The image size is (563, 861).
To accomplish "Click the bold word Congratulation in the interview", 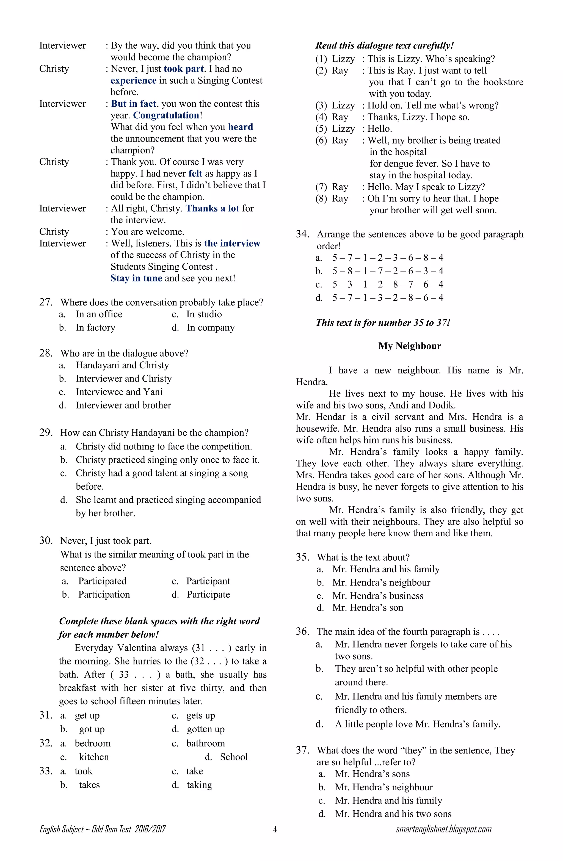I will (166, 115).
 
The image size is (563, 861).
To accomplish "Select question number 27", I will (46, 302).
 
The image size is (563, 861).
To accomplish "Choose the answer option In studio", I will (204, 314).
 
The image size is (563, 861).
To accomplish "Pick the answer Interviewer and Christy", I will (123, 379).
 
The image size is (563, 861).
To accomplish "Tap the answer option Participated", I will (102, 581).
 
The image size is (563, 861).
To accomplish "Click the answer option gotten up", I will (206, 729).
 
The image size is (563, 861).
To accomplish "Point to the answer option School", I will (233, 757).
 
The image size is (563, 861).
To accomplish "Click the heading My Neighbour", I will (410, 346).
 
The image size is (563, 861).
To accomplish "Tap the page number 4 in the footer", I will (275, 829).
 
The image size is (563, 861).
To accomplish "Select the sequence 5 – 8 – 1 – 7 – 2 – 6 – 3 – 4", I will (388, 271).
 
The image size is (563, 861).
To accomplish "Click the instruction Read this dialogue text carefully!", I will (384, 46).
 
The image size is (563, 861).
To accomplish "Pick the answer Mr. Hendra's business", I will (377, 596).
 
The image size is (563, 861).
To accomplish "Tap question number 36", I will (302, 632).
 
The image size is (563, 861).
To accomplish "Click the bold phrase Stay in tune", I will (136, 278).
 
